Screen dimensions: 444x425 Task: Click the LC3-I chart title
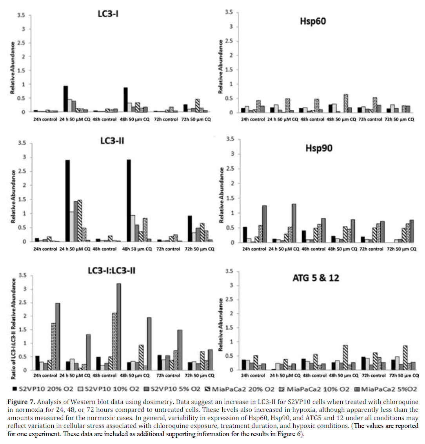coord(108,14)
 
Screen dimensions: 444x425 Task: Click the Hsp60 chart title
coord(313,21)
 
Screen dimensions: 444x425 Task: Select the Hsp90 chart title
coord(319,148)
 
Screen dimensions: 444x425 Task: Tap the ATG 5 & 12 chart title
coord(316,278)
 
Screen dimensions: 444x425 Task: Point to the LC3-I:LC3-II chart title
coord(112,270)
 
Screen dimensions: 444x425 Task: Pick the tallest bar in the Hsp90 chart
coord(294,223)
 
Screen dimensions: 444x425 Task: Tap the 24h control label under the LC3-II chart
coord(45,249)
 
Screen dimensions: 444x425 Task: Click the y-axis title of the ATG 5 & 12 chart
coord(221,324)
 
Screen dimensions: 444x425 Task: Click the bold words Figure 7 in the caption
coord(21,402)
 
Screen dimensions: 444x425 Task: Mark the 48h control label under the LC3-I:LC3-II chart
coord(104,376)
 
